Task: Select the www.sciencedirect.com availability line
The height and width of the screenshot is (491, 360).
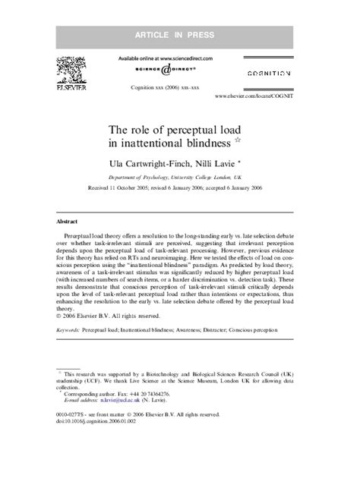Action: coord(169,57)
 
